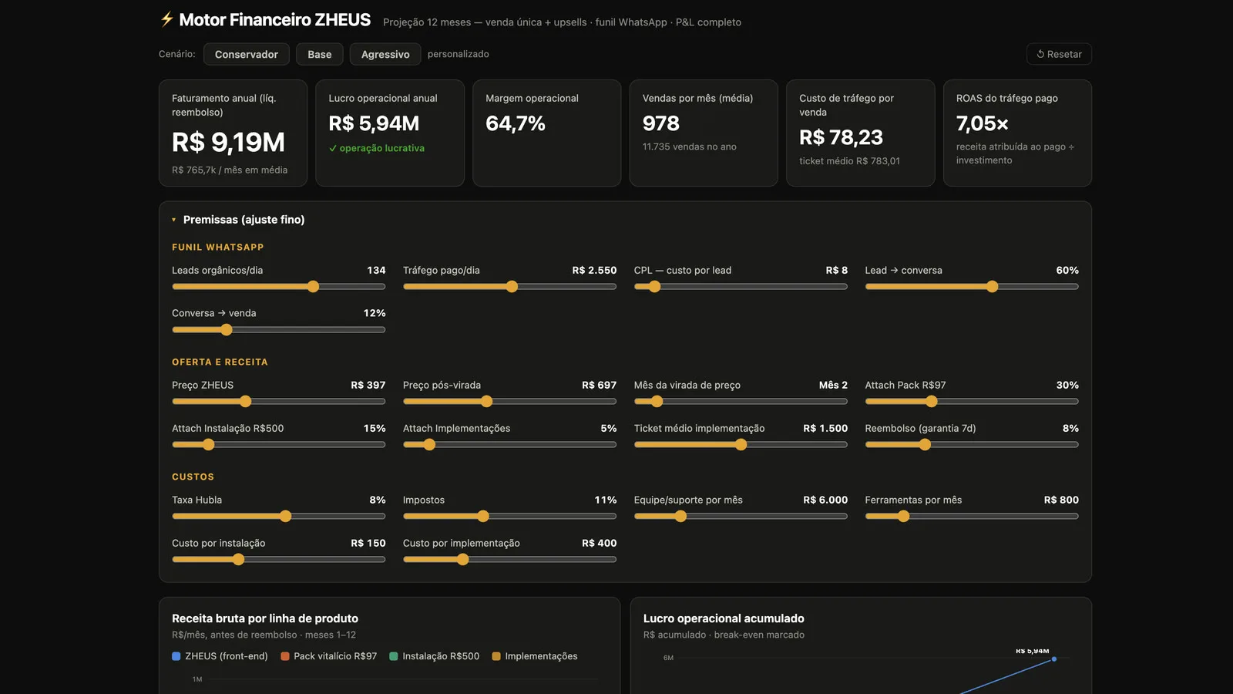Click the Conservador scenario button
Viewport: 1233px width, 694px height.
(246, 54)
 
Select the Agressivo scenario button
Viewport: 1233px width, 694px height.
(385, 54)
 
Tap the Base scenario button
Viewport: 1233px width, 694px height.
(319, 54)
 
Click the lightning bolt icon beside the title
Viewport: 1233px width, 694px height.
(166, 19)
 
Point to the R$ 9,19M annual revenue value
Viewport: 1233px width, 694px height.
(228, 142)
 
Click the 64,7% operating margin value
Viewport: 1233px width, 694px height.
(516, 123)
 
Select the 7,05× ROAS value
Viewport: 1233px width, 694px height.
(982, 123)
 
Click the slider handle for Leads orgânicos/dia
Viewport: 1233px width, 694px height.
(313, 286)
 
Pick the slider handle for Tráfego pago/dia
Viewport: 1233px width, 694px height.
(512, 286)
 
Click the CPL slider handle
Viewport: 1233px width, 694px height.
(654, 286)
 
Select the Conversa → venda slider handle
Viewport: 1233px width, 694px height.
(227, 329)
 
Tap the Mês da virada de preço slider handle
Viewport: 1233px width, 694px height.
(657, 401)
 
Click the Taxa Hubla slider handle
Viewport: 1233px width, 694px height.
(285, 516)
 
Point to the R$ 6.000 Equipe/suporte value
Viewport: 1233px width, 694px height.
(825, 500)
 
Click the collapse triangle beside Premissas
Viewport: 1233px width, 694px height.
(174, 220)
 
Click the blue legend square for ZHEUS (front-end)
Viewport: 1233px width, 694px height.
(176, 656)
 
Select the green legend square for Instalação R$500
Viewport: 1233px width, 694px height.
(394, 656)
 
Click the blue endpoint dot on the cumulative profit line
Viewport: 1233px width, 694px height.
(1054, 659)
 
